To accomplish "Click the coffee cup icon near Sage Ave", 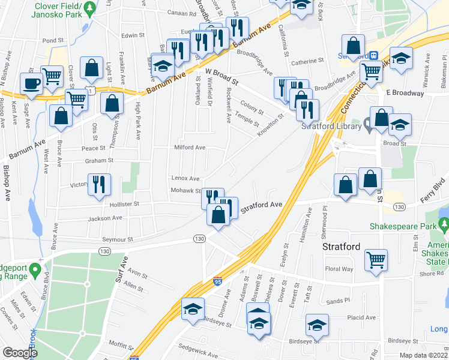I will [x=31, y=83].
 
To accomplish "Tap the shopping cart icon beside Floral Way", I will [x=376, y=260].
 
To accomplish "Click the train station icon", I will [x=373, y=55].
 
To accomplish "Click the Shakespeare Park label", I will [x=400, y=226].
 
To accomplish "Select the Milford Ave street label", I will [x=190, y=148].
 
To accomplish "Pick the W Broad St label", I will [x=221, y=76].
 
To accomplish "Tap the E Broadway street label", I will [x=405, y=94].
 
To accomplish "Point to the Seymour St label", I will [x=117, y=239].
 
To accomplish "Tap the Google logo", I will [x=20, y=353].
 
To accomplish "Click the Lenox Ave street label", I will [x=185, y=178].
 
